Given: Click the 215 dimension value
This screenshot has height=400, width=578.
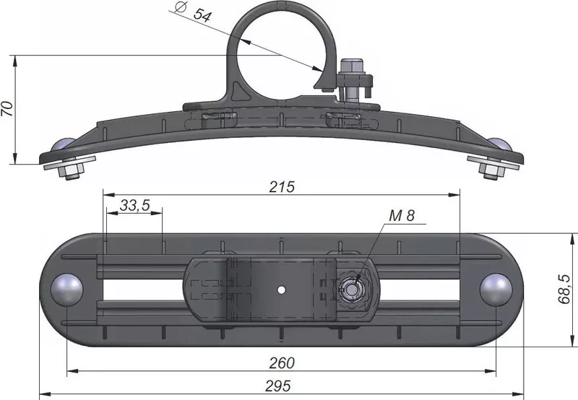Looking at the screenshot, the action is pyautogui.click(x=282, y=187).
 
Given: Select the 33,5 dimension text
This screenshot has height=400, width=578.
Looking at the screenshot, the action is pyautogui.click(x=135, y=205).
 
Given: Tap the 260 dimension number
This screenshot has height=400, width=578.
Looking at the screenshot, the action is pyautogui.click(x=282, y=363).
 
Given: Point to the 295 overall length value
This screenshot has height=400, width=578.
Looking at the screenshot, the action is pyautogui.click(x=278, y=386).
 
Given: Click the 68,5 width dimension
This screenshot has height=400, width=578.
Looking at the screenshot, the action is pyautogui.click(x=564, y=289).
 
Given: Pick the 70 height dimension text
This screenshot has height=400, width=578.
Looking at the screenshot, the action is pyautogui.click(x=7, y=108).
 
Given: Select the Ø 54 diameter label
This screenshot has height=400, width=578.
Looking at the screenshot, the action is pyautogui.click(x=192, y=12).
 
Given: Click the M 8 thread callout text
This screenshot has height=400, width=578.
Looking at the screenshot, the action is pyautogui.click(x=402, y=215).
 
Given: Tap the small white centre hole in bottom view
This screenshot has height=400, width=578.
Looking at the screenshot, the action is pyautogui.click(x=281, y=290).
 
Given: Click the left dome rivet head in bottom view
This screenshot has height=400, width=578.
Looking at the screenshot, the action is pyautogui.click(x=66, y=289).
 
